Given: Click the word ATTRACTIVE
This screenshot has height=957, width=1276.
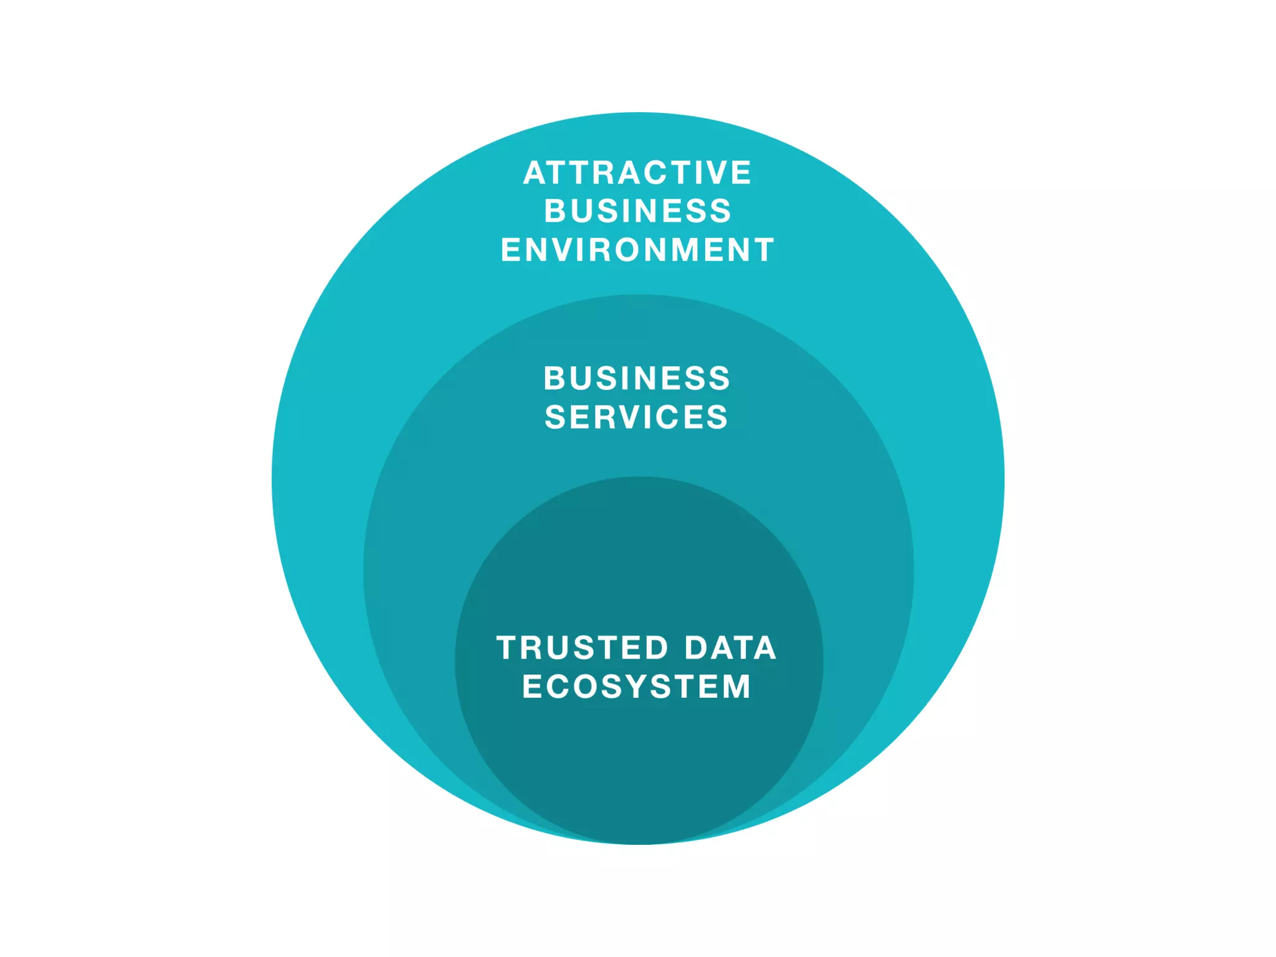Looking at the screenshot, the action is coord(637,173).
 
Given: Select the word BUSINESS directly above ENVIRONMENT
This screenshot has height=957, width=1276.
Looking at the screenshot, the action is coord(637,211).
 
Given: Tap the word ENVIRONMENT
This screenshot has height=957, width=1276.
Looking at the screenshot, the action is coord(637,249).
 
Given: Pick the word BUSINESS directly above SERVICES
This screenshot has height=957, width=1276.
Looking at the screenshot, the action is coord(637,378).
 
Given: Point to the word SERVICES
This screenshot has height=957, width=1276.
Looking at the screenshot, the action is coord(636,417).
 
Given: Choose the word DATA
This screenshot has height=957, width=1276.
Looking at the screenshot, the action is coord(730,648).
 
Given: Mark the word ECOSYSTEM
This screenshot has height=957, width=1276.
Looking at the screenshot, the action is coord(637,687).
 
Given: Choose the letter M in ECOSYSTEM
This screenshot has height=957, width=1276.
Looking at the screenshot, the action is coord(735,687).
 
